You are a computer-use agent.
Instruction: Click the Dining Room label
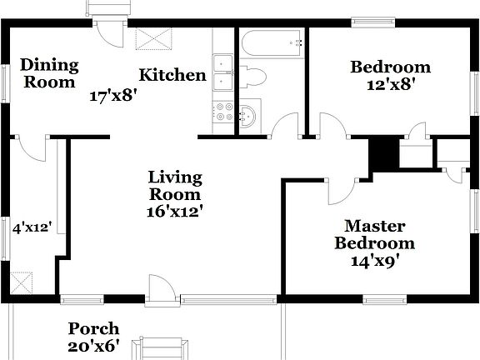pyautogui.click(x=49, y=73)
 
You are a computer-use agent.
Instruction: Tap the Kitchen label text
pyautogui.click(x=172, y=75)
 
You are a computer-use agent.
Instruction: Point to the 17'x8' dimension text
pyautogui.click(x=113, y=95)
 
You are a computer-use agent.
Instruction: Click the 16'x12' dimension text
pyautogui.click(x=175, y=212)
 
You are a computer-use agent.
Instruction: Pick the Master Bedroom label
pyautogui.click(x=374, y=234)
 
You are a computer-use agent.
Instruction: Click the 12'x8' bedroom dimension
pyautogui.click(x=390, y=84)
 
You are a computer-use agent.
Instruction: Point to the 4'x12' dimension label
pyautogui.click(x=32, y=226)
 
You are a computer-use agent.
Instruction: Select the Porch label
pyautogui.click(x=93, y=328)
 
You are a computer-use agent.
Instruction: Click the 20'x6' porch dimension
pyautogui.click(x=93, y=346)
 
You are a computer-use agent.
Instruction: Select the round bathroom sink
pyautogui.click(x=249, y=115)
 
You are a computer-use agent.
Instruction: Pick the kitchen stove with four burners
pyautogui.click(x=223, y=112)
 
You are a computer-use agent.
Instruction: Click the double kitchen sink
pyautogui.click(x=223, y=72)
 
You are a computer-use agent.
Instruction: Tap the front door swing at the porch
pyautogui.click(x=161, y=288)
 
